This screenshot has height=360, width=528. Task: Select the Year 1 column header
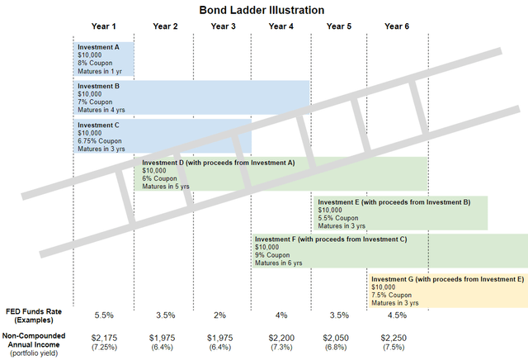pyautogui.click(x=104, y=26)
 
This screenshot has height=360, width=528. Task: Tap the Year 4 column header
pyautogui.click(x=280, y=26)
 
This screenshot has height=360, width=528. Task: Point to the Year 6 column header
pyautogui.click(x=398, y=26)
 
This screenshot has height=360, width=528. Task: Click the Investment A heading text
pyautogui.click(x=98, y=47)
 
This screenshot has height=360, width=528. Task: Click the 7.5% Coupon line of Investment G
pyautogui.click(x=391, y=295)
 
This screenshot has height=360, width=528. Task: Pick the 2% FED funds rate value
pyautogui.click(x=222, y=315)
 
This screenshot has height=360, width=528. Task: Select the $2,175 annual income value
pyautogui.click(x=104, y=339)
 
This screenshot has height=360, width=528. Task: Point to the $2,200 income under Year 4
pyautogui.click(x=280, y=339)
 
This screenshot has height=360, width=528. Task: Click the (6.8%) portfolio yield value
pyautogui.click(x=338, y=348)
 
